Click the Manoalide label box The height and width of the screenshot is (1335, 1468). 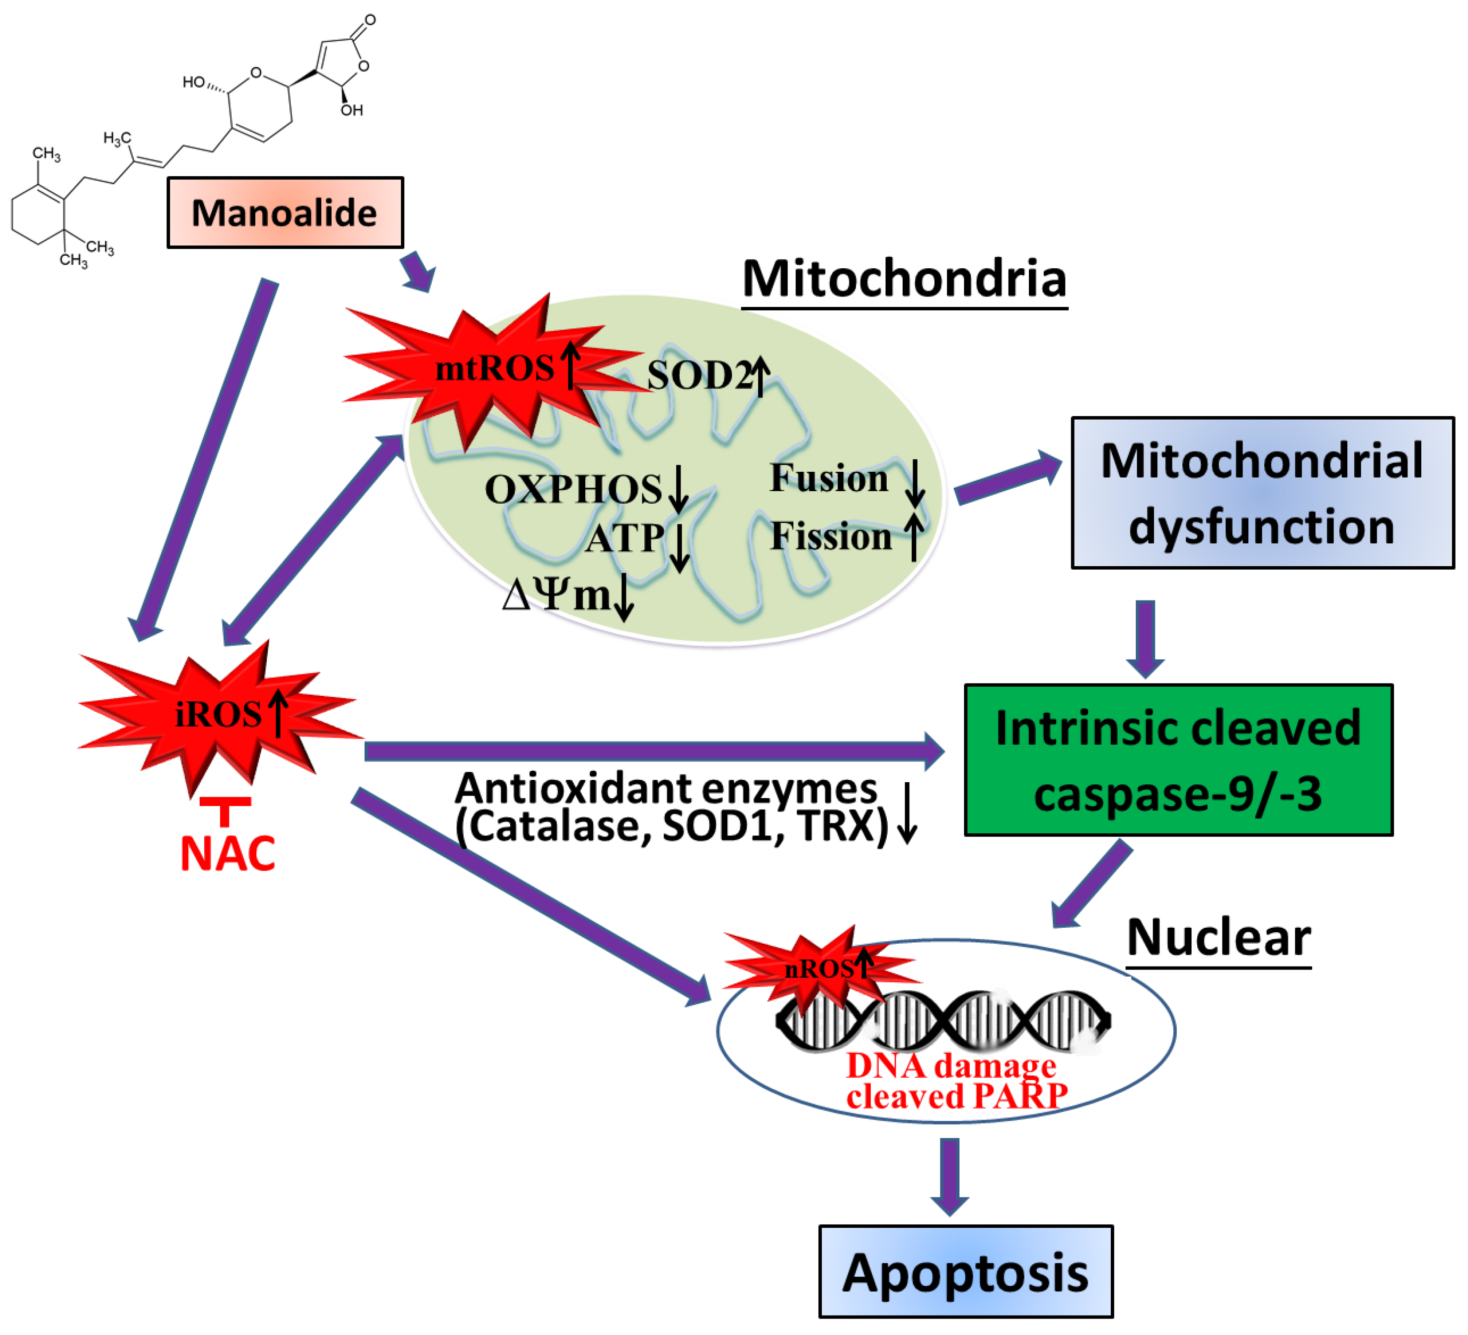[x=285, y=213]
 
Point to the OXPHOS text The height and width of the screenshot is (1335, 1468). [x=573, y=489]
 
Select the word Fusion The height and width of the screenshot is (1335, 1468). [x=829, y=478]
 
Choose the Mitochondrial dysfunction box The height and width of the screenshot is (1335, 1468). [x=1262, y=493]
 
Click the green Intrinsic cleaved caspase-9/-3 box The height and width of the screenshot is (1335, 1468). [x=1177, y=760]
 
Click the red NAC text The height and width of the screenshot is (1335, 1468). [x=227, y=854]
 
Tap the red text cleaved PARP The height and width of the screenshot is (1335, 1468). [x=956, y=1096]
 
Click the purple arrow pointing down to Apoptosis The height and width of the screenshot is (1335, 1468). [x=949, y=1175]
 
